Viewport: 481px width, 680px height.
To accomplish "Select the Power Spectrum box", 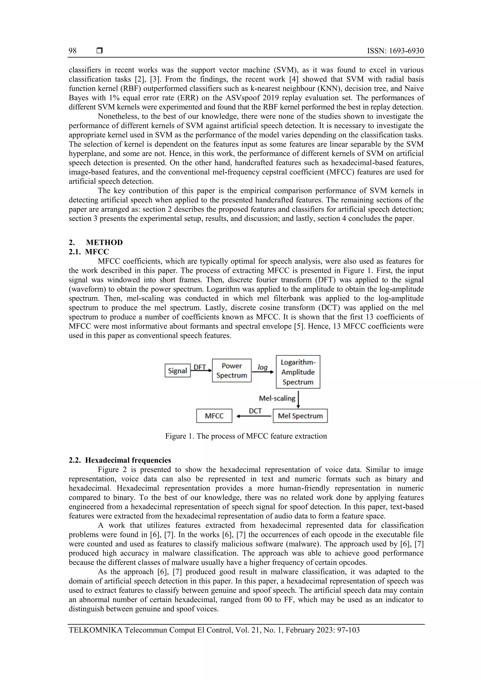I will pyautogui.click(x=232, y=370).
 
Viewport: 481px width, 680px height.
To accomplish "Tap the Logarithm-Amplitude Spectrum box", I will pyautogui.click(x=298, y=372).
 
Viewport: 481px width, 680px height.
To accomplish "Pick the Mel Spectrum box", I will pyautogui.click(x=300, y=416).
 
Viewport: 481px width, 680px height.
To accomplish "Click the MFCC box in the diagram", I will pyautogui.click(x=214, y=416).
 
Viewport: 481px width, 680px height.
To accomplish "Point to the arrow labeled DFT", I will pyautogui.click(x=201, y=370).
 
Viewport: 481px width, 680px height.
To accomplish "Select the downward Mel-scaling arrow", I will pyautogui.click(x=298, y=399).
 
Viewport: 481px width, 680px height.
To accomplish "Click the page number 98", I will pyautogui.click(x=73, y=51).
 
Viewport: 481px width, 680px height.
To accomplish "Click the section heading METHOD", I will pyautogui.click(x=104, y=242).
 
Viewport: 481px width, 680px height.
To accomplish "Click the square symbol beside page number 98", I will pyautogui.click(x=100, y=51).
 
